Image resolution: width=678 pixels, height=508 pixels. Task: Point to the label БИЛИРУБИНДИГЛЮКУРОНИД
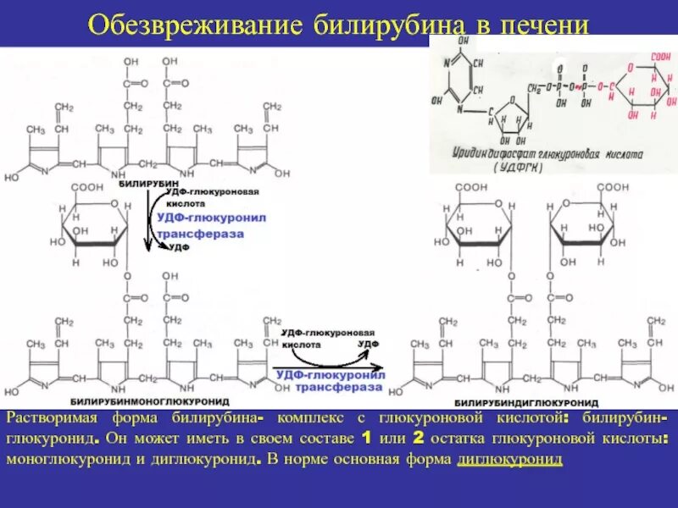point(526,401)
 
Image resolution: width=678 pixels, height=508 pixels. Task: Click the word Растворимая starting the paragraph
point(50,419)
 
